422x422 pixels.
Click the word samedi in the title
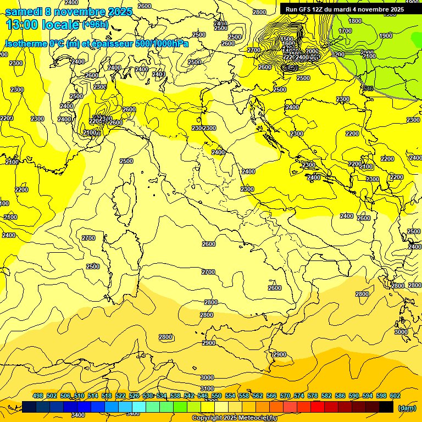pyautogui.click(x=23, y=12)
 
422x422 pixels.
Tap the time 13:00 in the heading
pyautogui.click(x=21, y=25)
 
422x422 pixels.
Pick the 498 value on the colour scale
pyautogui.click(x=38, y=396)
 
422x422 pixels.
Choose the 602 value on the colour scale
pyautogui.click(x=395, y=396)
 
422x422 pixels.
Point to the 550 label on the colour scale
pyautogui.click(x=216, y=396)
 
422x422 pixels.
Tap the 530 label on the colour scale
pyautogui.click(x=148, y=396)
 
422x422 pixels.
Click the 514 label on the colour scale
pyautogui.click(x=93, y=396)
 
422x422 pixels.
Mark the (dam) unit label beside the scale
pyautogui.click(x=407, y=408)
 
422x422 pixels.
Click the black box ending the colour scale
pyautogui.click(x=386, y=407)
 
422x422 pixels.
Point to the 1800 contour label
pyautogui.click(x=355, y=21)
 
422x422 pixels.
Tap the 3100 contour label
pyautogui.click(x=207, y=388)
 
